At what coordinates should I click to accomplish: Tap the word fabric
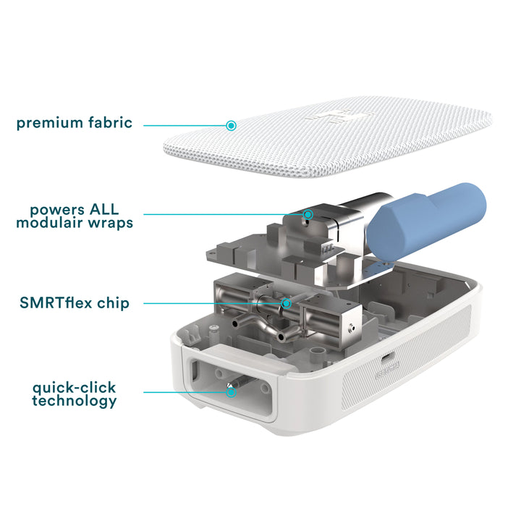point(110,122)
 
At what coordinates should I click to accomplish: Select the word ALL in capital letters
point(104,210)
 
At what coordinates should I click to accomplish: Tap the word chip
point(113,303)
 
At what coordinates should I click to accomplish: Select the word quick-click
point(74,388)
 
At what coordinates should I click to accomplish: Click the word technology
point(75,401)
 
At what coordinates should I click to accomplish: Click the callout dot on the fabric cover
point(232,126)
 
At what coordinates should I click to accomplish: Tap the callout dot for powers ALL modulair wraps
point(308,214)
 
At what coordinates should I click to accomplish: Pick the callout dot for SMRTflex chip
point(286,303)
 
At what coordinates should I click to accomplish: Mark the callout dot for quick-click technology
point(232,392)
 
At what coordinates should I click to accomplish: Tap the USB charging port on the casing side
point(386,358)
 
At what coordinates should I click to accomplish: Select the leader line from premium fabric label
point(185,126)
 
